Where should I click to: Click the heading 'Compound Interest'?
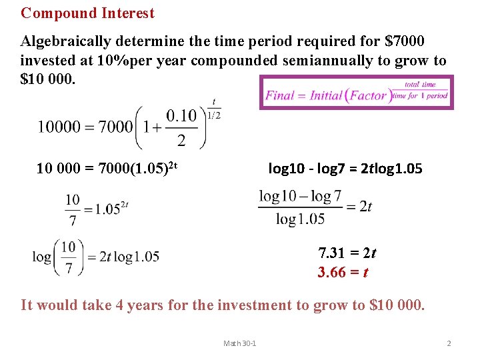pyautogui.click(x=87, y=13)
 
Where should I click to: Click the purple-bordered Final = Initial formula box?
pyautogui.click(x=356, y=92)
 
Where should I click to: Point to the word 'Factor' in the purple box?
pyautogui.click(x=369, y=95)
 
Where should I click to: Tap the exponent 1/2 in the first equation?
pyautogui.click(x=214, y=114)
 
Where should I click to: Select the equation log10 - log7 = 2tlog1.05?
pyautogui.click(x=345, y=169)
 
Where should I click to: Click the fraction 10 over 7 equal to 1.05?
pyautogui.click(x=95, y=209)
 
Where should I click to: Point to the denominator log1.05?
pyautogui.click(x=300, y=219)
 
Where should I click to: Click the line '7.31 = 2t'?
pyautogui.click(x=347, y=253)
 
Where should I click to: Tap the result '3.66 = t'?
pyautogui.click(x=343, y=273)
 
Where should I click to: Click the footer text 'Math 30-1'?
pyautogui.click(x=240, y=343)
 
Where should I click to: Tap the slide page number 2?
pyautogui.click(x=449, y=343)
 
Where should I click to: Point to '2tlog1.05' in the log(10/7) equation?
pyautogui.click(x=129, y=256)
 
